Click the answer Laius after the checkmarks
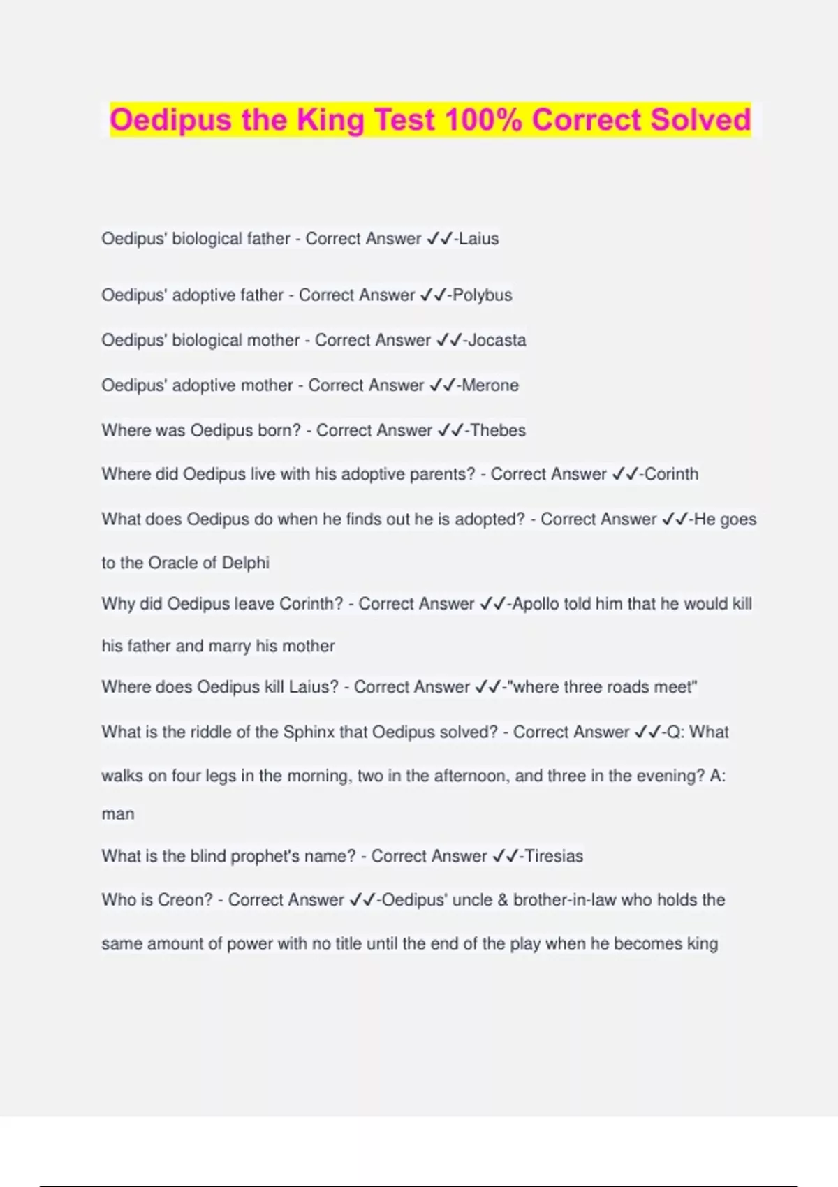coord(479,239)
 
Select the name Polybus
coord(483,295)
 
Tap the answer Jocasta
coord(497,341)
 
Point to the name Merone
coord(490,385)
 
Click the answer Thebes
coord(498,431)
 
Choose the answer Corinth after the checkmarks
coord(671,474)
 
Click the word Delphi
coord(246,563)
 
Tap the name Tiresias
coord(554,856)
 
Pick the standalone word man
coord(118,814)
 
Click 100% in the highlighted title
coord(483,119)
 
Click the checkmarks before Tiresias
coord(506,856)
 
